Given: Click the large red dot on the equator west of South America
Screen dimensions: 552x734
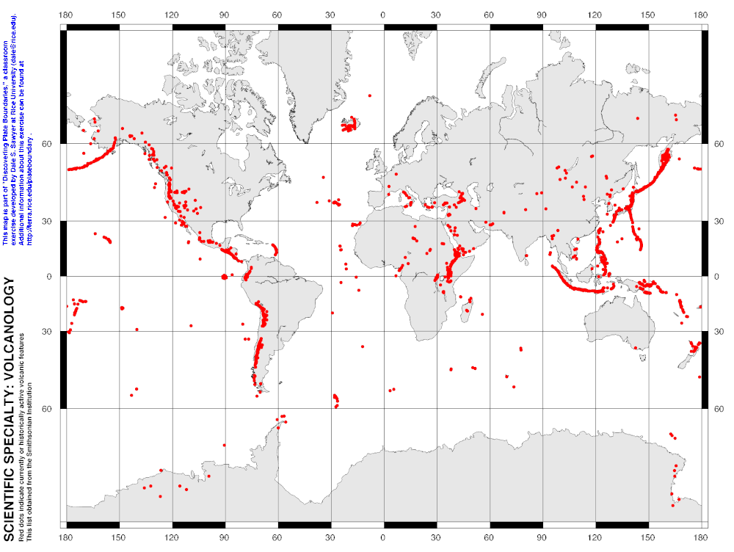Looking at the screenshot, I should [224, 277].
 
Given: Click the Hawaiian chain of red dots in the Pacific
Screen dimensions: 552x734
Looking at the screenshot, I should [104, 238].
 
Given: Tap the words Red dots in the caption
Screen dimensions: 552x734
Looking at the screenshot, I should [21, 529].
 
